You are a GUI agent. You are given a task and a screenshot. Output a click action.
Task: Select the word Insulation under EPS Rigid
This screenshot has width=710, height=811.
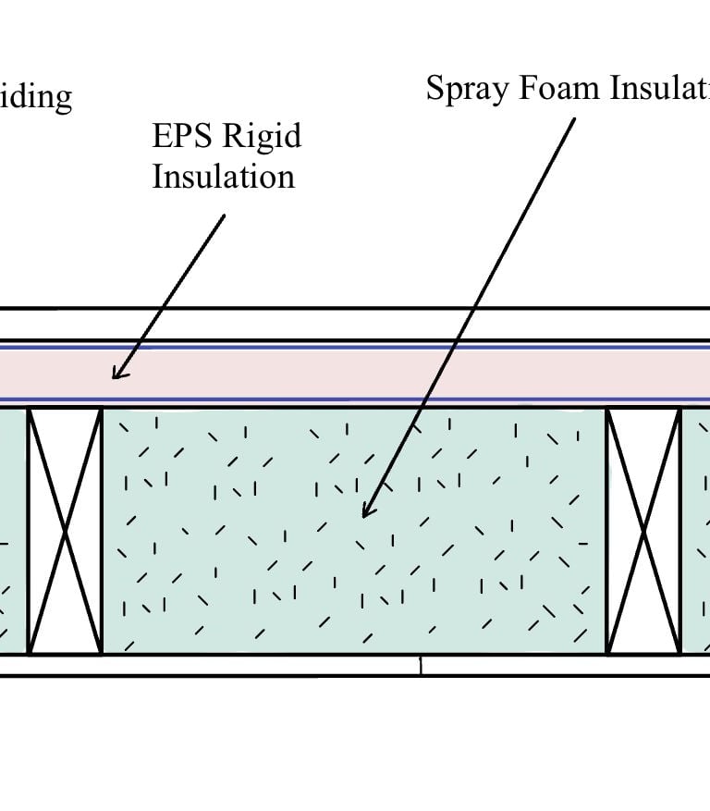(223, 175)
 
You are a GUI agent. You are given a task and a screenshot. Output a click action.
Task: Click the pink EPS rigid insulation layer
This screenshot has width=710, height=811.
(370, 375)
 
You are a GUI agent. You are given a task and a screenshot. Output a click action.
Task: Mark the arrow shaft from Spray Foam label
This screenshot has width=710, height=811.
(471, 305)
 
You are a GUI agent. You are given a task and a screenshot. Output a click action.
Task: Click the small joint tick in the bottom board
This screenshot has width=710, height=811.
(421, 664)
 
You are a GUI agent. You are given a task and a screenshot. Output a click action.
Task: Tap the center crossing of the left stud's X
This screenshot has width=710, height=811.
(65, 531)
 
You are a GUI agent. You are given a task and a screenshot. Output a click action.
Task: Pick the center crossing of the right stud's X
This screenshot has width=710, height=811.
(643, 531)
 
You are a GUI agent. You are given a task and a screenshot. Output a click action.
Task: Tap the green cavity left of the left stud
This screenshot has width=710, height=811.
(12, 531)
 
